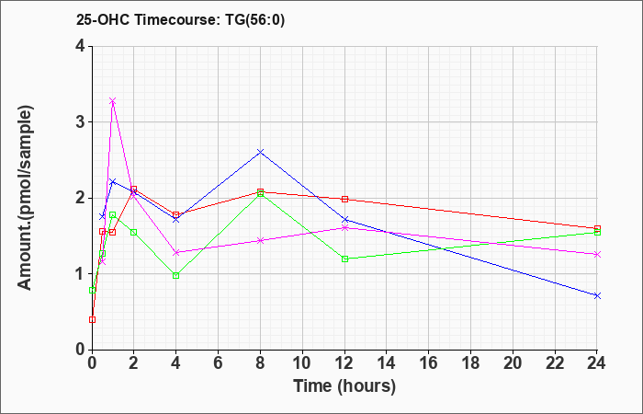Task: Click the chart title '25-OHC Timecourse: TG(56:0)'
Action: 180,19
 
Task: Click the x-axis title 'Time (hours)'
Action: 344,386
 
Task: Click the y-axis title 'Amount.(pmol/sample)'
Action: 26,198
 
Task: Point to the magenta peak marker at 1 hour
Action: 113,100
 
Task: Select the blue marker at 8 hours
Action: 260,152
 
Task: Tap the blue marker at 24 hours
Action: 597,295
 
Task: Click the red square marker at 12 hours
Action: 344,200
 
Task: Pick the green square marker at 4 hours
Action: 176,276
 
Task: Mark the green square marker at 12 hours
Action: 344,259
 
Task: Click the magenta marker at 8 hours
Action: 260,241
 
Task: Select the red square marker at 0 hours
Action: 92,319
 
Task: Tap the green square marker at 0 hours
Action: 92,291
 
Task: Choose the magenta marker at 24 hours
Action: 597,255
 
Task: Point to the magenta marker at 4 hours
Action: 176,253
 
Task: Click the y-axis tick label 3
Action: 80,122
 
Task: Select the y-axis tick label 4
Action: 80,46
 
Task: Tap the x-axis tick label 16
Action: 429,363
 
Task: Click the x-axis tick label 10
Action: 302,363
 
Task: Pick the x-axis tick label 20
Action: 513,363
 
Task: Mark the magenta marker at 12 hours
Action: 344,228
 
